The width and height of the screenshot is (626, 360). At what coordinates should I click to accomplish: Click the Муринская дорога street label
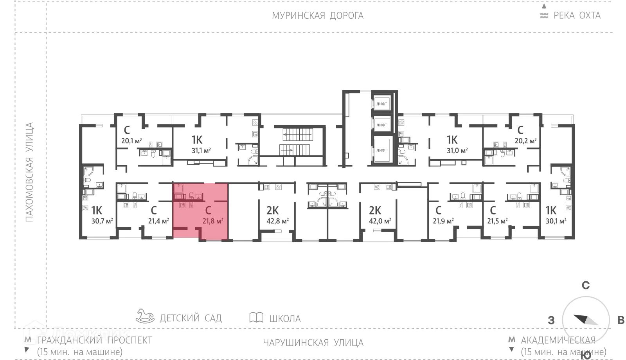pyautogui.click(x=317, y=16)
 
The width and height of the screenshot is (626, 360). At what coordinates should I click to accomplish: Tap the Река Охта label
pyautogui.click(x=576, y=16)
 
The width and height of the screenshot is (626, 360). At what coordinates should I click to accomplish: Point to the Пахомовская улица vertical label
pyautogui.click(x=29, y=172)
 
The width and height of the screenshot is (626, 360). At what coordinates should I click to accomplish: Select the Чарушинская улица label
pyautogui.click(x=313, y=343)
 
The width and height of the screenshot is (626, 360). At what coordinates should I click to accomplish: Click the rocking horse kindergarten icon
pyautogui.click(x=145, y=316)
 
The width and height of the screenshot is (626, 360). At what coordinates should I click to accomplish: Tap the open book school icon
pyautogui.click(x=256, y=317)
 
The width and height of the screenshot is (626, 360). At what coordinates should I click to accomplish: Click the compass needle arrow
pyautogui.click(x=585, y=320)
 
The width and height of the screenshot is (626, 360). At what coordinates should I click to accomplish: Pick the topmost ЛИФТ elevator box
pyautogui.click(x=381, y=104)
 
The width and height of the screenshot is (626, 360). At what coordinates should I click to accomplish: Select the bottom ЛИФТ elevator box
pyautogui.click(x=381, y=150)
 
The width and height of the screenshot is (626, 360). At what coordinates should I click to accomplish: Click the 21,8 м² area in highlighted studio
pyautogui.click(x=213, y=221)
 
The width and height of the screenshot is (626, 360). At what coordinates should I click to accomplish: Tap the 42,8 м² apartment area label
pyautogui.click(x=277, y=221)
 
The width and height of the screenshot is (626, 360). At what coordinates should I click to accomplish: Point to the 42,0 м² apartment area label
pyautogui.click(x=380, y=221)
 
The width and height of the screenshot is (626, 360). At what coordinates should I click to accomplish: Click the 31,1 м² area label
pyautogui.click(x=201, y=150)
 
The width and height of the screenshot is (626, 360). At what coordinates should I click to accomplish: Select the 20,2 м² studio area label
pyautogui.click(x=525, y=141)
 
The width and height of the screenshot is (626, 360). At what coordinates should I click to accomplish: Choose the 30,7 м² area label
pyautogui.click(x=102, y=221)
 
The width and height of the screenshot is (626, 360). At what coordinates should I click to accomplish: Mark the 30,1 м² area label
pyautogui.click(x=556, y=221)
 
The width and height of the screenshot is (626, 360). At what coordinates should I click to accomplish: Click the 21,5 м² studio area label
pyautogui.click(x=497, y=221)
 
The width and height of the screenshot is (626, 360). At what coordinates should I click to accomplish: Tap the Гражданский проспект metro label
pyautogui.click(x=94, y=340)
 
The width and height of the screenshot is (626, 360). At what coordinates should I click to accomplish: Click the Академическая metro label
pyautogui.click(x=558, y=340)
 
